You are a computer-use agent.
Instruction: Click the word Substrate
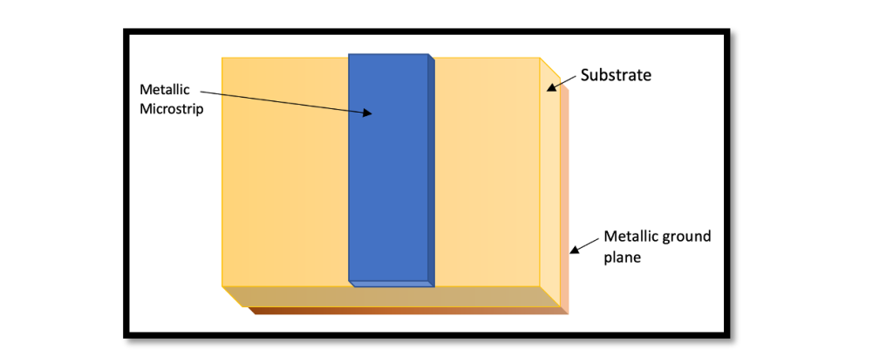[616, 75]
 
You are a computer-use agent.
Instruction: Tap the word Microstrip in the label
[172, 110]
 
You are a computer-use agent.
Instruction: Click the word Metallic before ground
[633, 237]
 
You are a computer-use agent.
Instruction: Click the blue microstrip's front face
[387, 175]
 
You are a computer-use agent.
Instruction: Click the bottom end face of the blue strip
[389, 284]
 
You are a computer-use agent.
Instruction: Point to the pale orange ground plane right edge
[565, 201]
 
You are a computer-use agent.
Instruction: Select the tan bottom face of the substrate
[392, 297]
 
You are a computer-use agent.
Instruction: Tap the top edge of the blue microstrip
[389, 55]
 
